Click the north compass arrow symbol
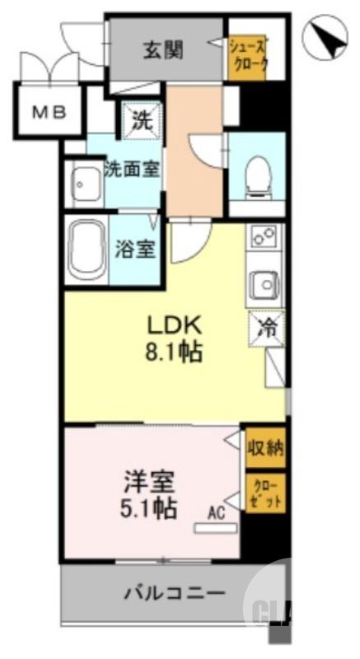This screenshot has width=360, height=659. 322,39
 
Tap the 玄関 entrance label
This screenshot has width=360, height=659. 165,49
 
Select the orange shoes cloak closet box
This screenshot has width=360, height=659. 248,56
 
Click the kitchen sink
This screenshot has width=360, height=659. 265,286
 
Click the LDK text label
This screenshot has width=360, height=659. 175,323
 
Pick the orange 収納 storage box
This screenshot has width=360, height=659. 264,448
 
